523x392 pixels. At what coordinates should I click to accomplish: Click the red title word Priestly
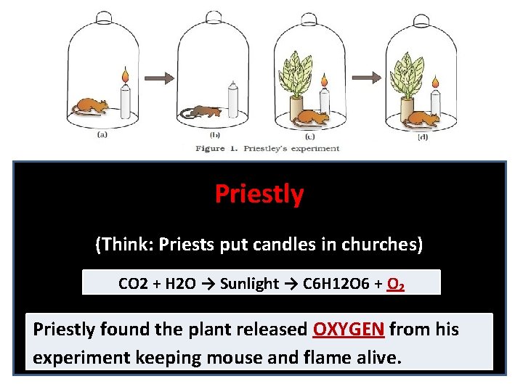[x=259, y=194]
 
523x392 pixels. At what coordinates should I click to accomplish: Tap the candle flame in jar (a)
[x=125, y=74]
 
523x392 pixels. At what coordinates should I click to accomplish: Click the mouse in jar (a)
[x=90, y=105]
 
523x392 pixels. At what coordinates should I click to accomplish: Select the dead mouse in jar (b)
[x=202, y=111]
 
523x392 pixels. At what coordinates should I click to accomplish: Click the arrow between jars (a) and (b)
[x=160, y=76]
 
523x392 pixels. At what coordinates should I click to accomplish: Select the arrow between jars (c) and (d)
[x=369, y=76]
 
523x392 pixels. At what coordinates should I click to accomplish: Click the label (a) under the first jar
[x=102, y=134]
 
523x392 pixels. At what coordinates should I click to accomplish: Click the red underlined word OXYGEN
[x=348, y=330]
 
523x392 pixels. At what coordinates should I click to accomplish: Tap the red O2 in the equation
[x=396, y=284]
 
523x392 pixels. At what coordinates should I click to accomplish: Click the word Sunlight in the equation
[x=248, y=284]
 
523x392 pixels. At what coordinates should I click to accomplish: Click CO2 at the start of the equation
[x=132, y=284]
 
